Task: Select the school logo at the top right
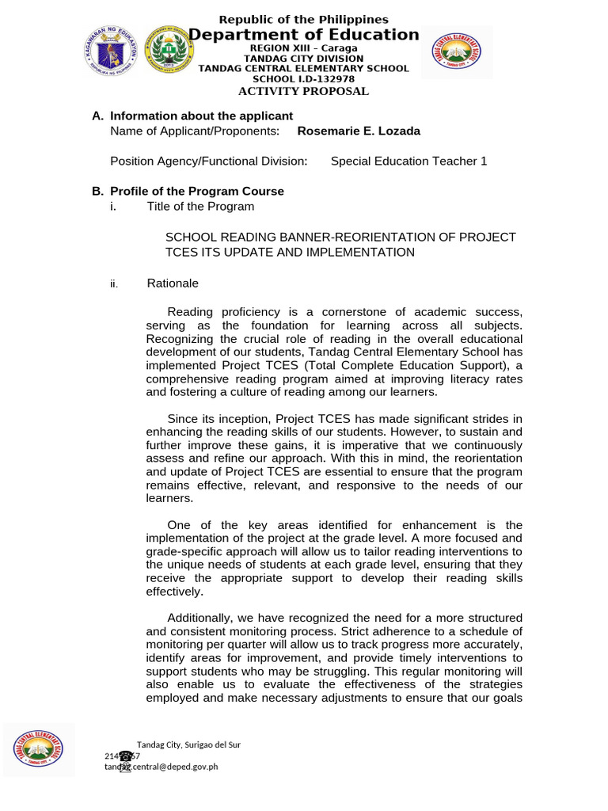tap(455, 52)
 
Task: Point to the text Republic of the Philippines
tap(303, 19)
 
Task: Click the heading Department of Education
tap(303, 35)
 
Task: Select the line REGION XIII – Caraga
tap(303, 48)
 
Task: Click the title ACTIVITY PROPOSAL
tap(303, 91)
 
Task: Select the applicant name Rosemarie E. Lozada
tap(358, 131)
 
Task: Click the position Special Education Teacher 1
tap(408, 162)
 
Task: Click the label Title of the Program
tap(200, 207)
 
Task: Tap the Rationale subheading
tap(173, 284)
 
